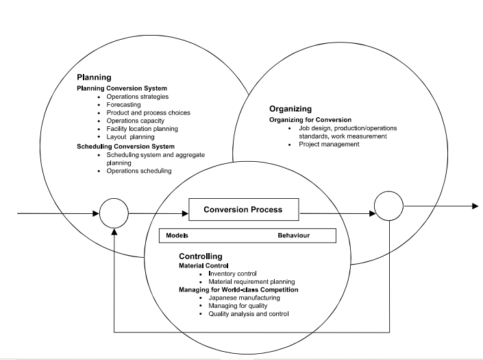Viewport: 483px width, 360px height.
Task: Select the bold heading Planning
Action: point(94,77)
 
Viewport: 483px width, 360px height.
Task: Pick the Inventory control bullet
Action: point(230,274)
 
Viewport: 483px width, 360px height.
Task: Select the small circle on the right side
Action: point(388,205)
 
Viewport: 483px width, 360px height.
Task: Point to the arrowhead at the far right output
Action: point(474,206)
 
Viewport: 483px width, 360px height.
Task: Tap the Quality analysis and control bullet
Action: point(249,313)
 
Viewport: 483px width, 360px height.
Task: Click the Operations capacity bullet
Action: point(135,121)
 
